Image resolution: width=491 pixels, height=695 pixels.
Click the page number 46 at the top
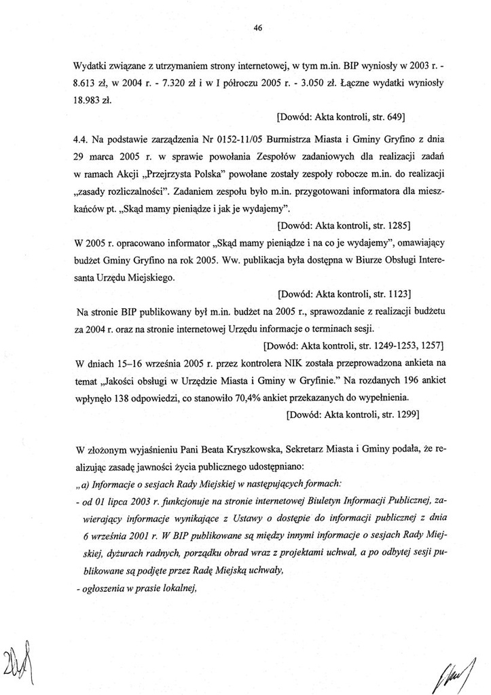tap(257, 28)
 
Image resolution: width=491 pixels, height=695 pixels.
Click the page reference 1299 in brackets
tap(403, 414)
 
